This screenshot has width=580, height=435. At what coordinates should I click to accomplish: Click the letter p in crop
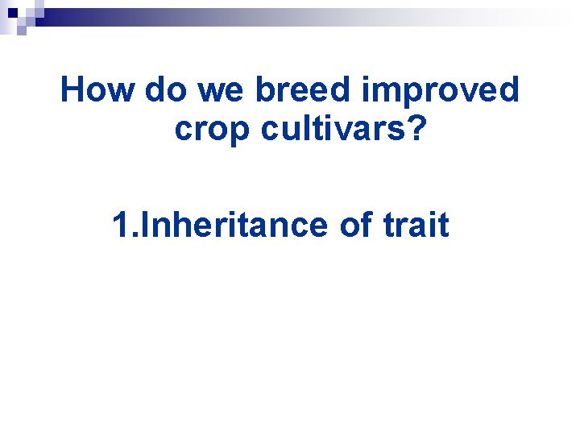click(x=239, y=133)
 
